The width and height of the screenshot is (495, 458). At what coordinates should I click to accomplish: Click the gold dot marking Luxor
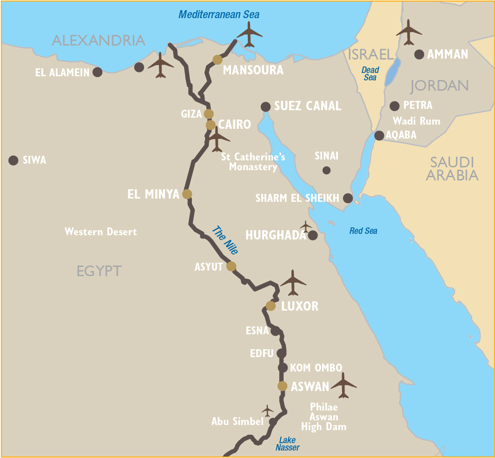pyautogui.click(x=271, y=305)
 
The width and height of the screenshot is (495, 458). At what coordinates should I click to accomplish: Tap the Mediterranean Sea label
pyautogui.click(x=219, y=14)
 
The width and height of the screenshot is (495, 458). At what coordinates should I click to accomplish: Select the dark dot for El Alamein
pyautogui.click(x=97, y=72)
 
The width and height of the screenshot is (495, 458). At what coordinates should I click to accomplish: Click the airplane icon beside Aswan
pyautogui.click(x=343, y=385)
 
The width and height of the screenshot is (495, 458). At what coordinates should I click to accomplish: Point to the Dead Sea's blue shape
pyautogui.click(x=392, y=73)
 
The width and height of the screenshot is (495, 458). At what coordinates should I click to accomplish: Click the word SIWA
pyautogui.click(x=34, y=160)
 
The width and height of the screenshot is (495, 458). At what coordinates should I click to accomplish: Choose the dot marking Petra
pyautogui.click(x=395, y=106)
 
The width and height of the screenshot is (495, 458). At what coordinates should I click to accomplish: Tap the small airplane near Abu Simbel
pyautogui.click(x=267, y=411)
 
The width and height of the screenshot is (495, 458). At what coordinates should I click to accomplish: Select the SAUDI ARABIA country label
pyautogui.click(x=452, y=169)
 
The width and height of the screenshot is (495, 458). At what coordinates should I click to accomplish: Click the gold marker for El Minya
pyautogui.click(x=187, y=194)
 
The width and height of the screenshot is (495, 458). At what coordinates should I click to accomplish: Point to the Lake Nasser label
pyautogui.click(x=287, y=444)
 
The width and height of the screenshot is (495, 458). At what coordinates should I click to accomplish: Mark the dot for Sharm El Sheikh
pyautogui.click(x=348, y=198)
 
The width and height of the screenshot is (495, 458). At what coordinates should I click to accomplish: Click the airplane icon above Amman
pyautogui.click(x=409, y=32)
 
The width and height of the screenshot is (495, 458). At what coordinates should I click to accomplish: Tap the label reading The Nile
pyautogui.click(x=225, y=240)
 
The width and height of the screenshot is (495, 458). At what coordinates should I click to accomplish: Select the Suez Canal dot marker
pyautogui.click(x=265, y=107)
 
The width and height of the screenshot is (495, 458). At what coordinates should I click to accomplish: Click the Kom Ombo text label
pyautogui.click(x=316, y=368)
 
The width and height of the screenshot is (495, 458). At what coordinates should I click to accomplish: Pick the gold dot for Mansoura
pyautogui.click(x=217, y=60)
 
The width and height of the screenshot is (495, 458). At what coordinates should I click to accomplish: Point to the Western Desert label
pyautogui.click(x=101, y=232)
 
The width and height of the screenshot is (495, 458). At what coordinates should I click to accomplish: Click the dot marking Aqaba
pyautogui.click(x=379, y=135)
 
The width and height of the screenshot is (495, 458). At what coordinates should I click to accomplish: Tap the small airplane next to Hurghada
pyautogui.click(x=305, y=226)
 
